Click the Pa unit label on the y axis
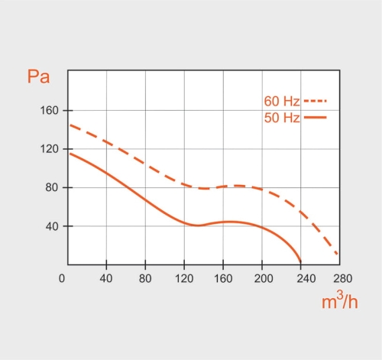tap(39, 76)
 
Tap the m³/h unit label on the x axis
tap(339, 302)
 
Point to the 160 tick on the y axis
tap(49, 110)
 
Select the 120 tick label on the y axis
tap(49, 149)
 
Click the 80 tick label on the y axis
tap(51, 188)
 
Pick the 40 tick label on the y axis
tap(51, 226)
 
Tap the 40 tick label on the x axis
tap(106, 277)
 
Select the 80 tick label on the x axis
tap(145, 277)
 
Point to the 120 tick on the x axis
tap(184, 277)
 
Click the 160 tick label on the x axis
tap(223, 277)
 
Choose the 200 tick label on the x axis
tap(262, 277)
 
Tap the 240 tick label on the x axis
tap(301, 277)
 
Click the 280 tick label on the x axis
tap(341, 277)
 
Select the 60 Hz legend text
tap(281, 102)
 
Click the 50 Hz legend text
tap(281, 118)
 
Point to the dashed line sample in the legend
tap(315, 101)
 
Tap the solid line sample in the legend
tap(315, 117)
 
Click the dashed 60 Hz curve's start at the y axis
tap(70, 125)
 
